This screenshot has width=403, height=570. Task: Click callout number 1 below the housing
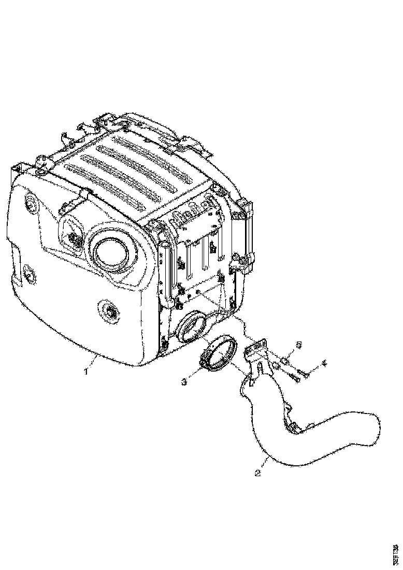87,371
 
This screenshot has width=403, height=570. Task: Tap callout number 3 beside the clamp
184,382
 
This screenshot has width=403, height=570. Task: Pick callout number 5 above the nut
298,345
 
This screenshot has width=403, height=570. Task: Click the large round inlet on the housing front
110,252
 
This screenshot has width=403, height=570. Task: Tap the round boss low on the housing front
110,312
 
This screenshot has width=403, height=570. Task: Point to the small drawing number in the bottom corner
396,554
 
